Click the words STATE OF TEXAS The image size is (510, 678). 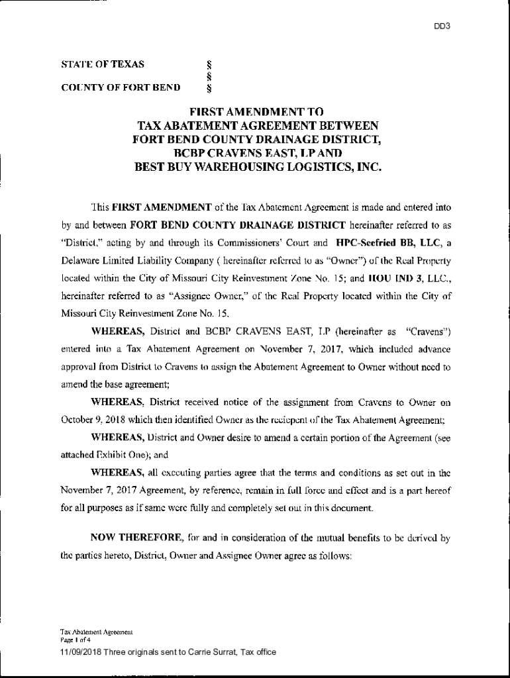click(103, 64)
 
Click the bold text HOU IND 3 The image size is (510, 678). click(398, 280)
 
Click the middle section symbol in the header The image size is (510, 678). click(209, 75)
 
